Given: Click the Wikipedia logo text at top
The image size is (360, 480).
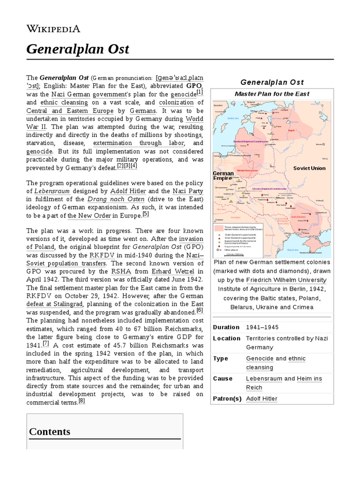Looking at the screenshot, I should [x=53, y=29].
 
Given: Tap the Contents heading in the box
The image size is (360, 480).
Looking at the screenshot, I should [x=50, y=431].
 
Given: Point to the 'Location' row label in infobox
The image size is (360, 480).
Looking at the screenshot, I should [x=226, y=338].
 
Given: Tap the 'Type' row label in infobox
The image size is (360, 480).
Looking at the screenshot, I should [x=220, y=359].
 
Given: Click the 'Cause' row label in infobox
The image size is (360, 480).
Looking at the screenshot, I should [x=223, y=379].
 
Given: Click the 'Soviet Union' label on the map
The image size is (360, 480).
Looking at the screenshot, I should [x=309, y=168].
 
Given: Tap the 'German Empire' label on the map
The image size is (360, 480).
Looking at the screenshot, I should [x=224, y=176].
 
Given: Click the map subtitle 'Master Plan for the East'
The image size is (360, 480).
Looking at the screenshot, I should [x=272, y=94].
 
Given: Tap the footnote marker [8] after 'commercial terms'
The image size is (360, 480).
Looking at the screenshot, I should [x=82, y=401].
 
